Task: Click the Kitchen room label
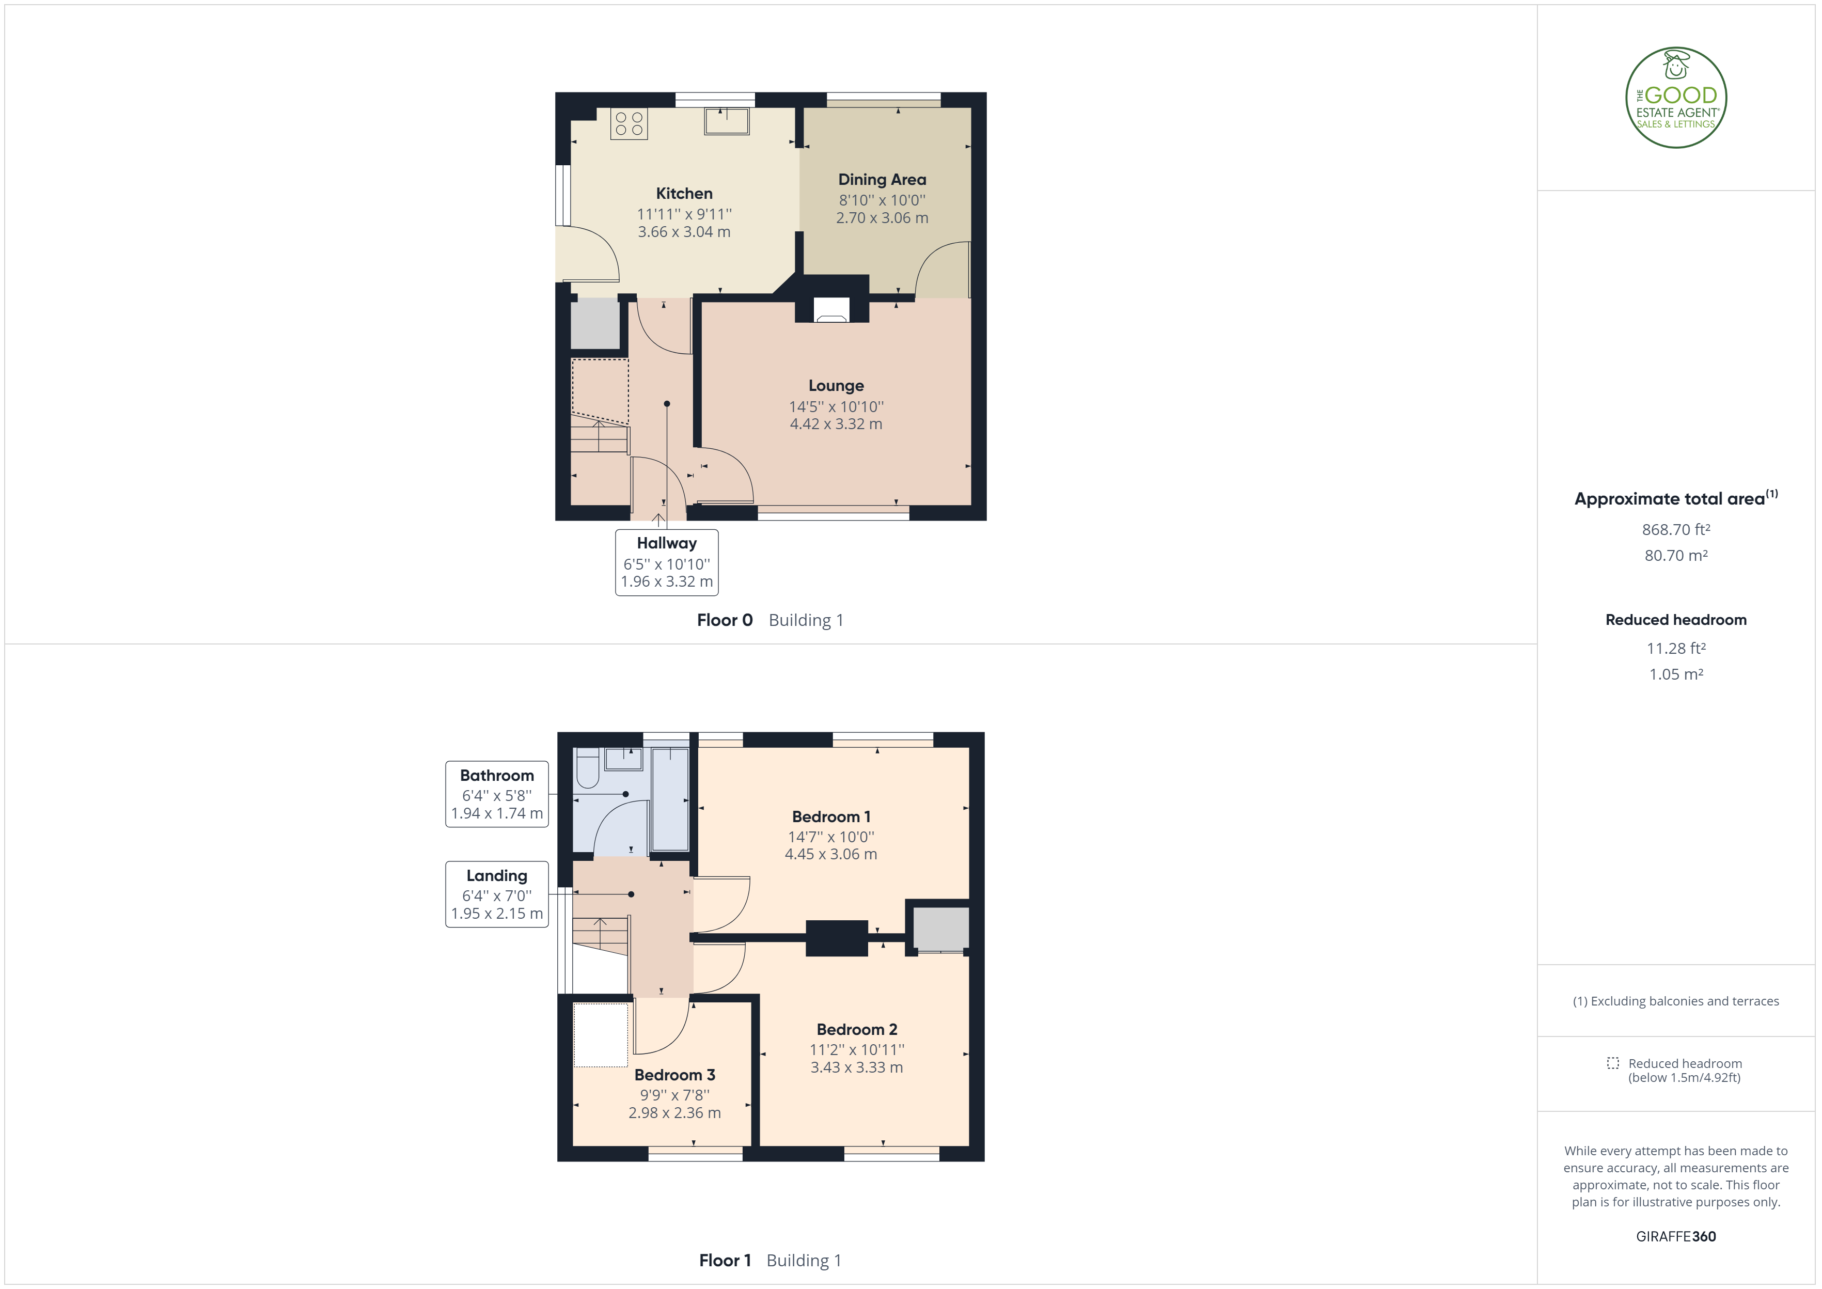tap(684, 194)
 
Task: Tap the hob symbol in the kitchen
tap(629, 124)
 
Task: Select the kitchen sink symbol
tap(726, 121)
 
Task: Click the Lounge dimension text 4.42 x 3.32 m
tap(836, 424)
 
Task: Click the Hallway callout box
tap(667, 562)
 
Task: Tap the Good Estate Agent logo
tap(1676, 98)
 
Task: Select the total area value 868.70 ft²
tap(1676, 529)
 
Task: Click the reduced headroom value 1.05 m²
tap(1676, 674)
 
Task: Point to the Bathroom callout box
tap(497, 794)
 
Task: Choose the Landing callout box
tap(497, 894)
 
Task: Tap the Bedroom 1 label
tap(831, 817)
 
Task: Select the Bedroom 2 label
tap(857, 1029)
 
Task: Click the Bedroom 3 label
tap(674, 1076)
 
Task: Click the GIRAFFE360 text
tap(1676, 1237)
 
